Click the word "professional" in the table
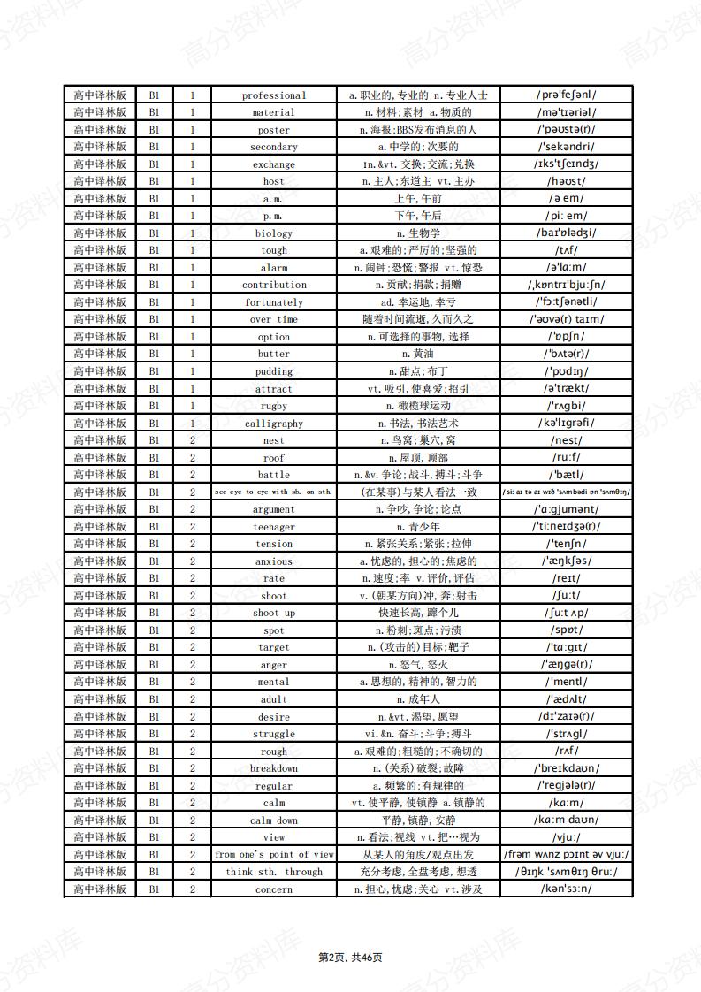pyautogui.click(x=274, y=95)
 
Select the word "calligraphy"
pyautogui.click(x=274, y=424)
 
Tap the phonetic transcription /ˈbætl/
pyautogui.click(x=566, y=475)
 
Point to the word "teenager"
pyautogui.click(x=274, y=527)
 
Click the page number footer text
pyautogui.click(x=350, y=958)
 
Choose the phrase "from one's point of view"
pyautogui.click(x=274, y=855)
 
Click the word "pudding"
pyautogui.click(x=274, y=371)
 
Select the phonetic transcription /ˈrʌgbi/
pyautogui.click(x=566, y=406)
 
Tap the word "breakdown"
pyautogui.click(x=274, y=768)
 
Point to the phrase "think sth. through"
pyautogui.click(x=274, y=872)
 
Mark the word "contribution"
pyautogui.click(x=274, y=285)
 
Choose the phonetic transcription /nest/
pyautogui.click(x=566, y=440)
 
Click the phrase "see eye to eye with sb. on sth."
pyautogui.click(x=274, y=492)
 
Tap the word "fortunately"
pyautogui.click(x=274, y=302)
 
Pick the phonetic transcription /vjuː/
pyautogui.click(x=566, y=837)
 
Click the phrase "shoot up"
pyautogui.click(x=274, y=613)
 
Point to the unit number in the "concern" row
pyautogui.click(x=192, y=889)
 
